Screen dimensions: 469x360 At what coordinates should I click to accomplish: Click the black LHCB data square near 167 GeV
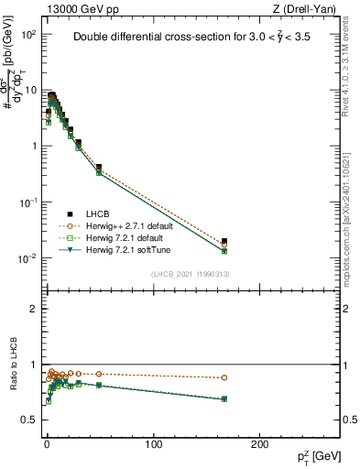224,241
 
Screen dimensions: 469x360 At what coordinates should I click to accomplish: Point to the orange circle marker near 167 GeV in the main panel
224,245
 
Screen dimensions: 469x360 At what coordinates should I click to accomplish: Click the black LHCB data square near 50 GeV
99,168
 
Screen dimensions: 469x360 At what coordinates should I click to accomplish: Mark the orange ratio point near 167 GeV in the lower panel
224,377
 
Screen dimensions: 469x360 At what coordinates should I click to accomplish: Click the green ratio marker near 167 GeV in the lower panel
224,398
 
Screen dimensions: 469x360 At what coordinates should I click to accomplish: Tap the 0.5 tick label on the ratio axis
27,420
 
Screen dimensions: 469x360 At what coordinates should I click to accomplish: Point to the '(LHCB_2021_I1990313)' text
190,275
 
